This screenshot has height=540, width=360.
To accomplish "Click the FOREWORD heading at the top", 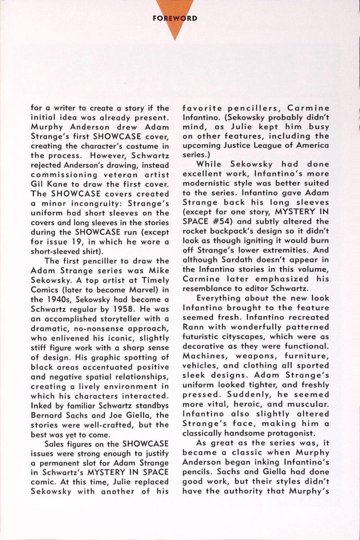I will pyautogui.click(x=180, y=19).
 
